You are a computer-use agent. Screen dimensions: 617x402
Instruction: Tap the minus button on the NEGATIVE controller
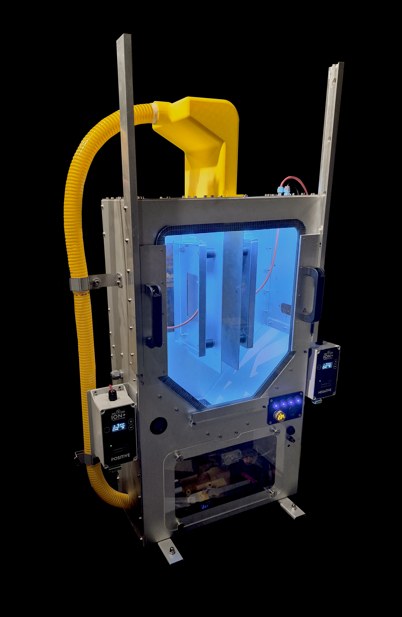pyautogui.click(x=335, y=367)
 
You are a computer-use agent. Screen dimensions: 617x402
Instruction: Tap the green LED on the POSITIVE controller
pyautogui.click(x=111, y=446)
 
